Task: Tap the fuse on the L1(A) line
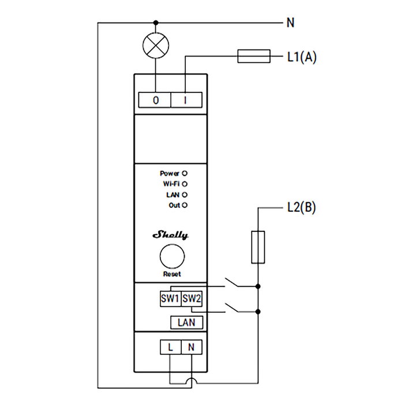click(x=255, y=57)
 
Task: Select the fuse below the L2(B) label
click(x=258, y=247)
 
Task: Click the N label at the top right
click(x=290, y=24)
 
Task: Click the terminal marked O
click(x=156, y=100)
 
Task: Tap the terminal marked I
click(x=186, y=100)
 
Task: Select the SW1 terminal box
click(x=170, y=299)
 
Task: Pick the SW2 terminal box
click(x=191, y=299)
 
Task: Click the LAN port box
click(x=186, y=322)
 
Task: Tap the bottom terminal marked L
click(x=170, y=347)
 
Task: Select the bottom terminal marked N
click(x=191, y=347)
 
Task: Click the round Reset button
click(x=172, y=255)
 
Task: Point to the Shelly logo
click(x=170, y=235)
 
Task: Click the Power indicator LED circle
click(x=185, y=173)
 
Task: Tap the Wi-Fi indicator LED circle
click(x=185, y=184)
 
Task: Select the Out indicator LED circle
click(x=185, y=205)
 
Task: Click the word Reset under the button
click(x=172, y=274)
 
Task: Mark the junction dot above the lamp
click(x=155, y=24)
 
